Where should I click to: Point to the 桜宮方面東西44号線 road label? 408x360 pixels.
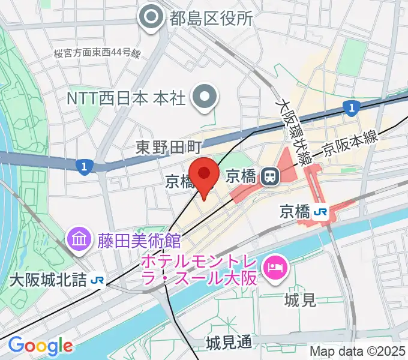pos(97,54)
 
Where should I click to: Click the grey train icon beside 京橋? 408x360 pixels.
pos(270,176)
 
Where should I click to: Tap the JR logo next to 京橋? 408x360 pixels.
pos(322,212)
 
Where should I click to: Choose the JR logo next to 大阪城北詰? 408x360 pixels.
pos(97,280)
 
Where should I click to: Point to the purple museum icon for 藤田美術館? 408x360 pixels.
pos(79,240)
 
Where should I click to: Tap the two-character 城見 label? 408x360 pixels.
pos(301,299)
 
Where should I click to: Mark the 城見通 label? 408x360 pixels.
pos(229,343)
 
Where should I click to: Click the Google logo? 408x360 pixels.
pos(40,346)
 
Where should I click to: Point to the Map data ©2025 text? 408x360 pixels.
pos(358,352)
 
